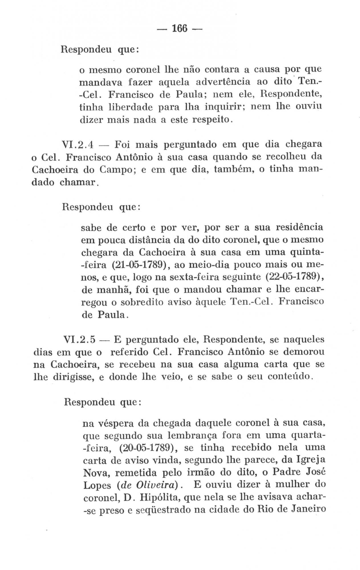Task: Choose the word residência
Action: (x=299, y=228)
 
